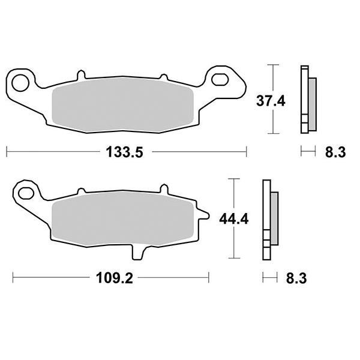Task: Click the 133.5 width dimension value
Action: (124, 152)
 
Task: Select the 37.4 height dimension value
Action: (271, 101)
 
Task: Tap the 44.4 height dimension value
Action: (234, 219)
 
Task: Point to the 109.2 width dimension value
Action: (115, 278)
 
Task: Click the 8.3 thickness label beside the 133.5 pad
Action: (335, 152)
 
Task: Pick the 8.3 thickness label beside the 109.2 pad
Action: (296, 278)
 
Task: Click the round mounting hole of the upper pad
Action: (20, 83)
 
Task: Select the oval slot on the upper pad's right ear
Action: (220, 79)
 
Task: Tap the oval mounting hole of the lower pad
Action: (26, 193)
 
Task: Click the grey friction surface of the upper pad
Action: (123, 105)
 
